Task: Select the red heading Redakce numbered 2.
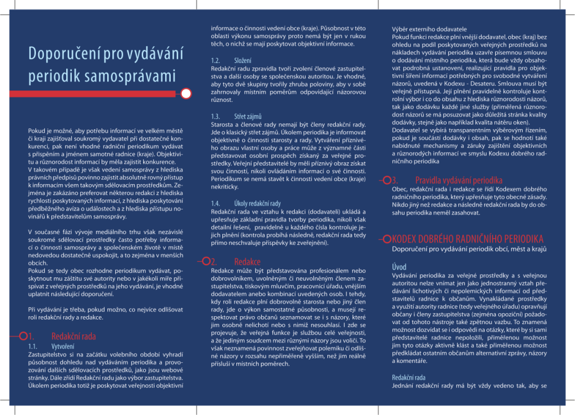coord(247,261)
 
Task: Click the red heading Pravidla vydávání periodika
coord(459,180)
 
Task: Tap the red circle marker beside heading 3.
coord(387,180)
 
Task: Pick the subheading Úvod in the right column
coord(399,267)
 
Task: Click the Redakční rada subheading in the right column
coord(408,377)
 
